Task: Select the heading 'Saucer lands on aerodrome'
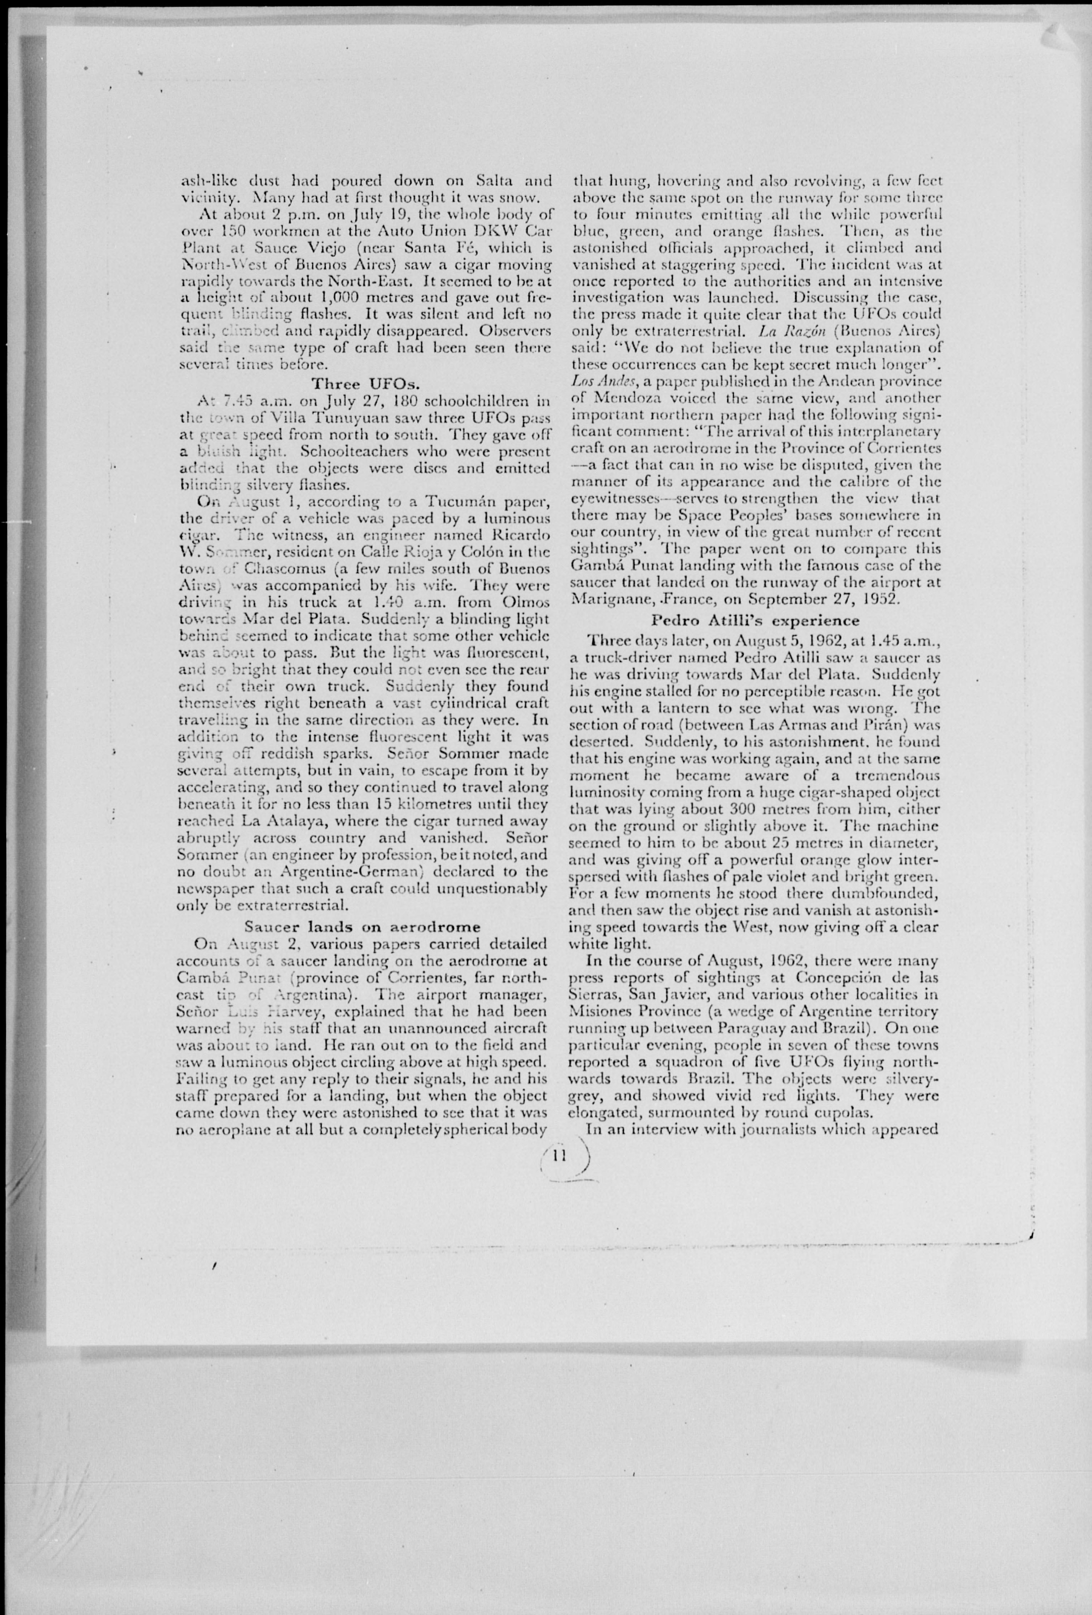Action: [x=362, y=927]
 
